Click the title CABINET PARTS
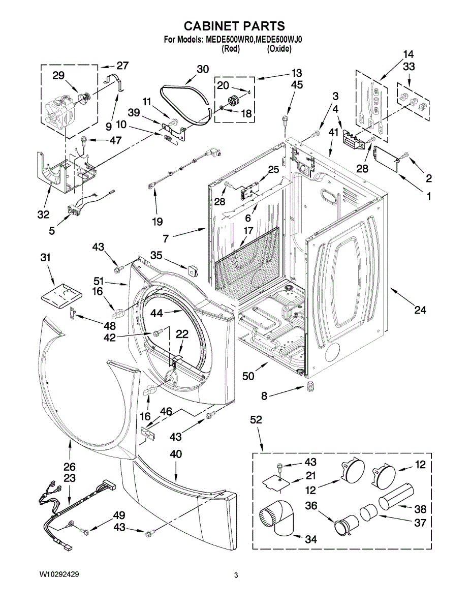click(234, 26)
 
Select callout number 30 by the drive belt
click(202, 70)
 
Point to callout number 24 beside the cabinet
click(420, 310)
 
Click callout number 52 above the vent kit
click(257, 419)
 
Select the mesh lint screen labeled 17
click(247, 259)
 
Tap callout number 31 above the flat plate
click(46, 258)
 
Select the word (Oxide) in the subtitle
click(279, 49)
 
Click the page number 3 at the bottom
click(236, 575)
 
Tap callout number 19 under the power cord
click(157, 221)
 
